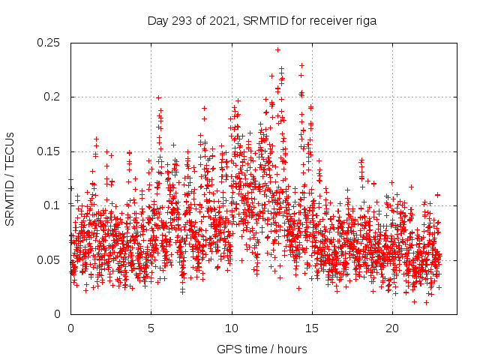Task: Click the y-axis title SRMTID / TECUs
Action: pyautogui.click(x=10, y=178)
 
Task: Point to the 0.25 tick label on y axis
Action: pyautogui.click(x=49, y=43)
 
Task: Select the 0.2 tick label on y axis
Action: pyautogui.click(x=52, y=97)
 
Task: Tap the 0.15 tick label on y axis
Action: pyautogui.click(x=49, y=151)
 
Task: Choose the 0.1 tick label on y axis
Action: pyautogui.click(x=52, y=205)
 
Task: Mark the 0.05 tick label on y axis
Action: pyautogui.click(x=49, y=259)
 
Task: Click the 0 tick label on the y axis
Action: pyautogui.click(x=59, y=313)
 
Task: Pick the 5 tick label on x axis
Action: pyautogui.click(x=151, y=328)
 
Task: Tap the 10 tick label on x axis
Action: pyautogui.click(x=232, y=328)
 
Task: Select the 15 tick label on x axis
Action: pyautogui.click(x=312, y=328)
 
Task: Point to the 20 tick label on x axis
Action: pyautogui.click(x=392, y=328)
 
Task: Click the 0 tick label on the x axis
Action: pyautogui.click(x=70, y=328)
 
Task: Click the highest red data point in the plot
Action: pyautogui.click(x=277, y=50)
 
